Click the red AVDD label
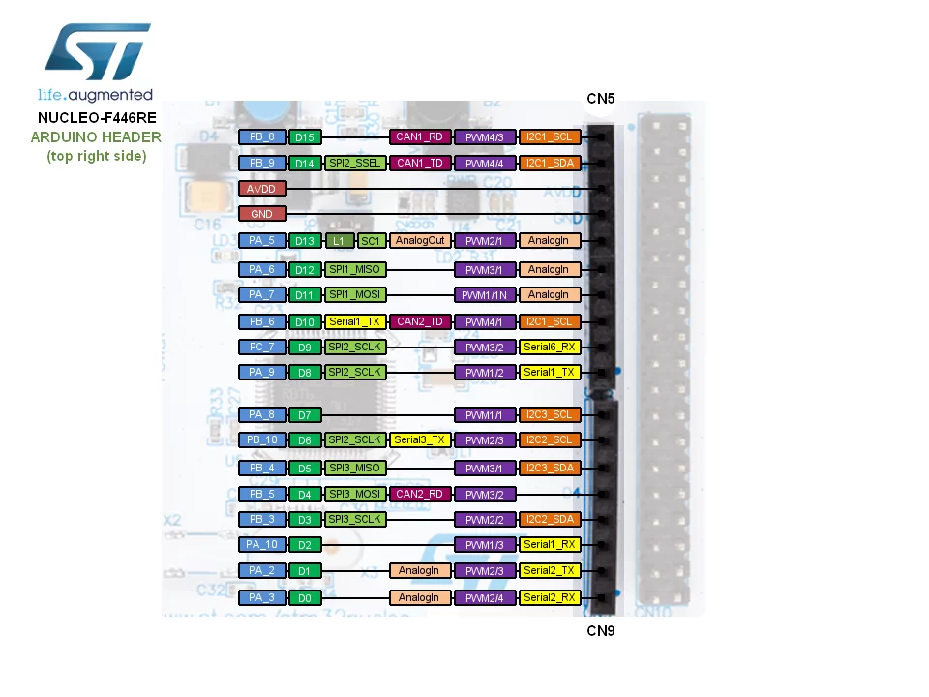(262, 189)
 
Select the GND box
(262, 214)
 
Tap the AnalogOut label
(420, 241)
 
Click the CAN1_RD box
(420, 136)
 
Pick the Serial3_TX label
(420, 439)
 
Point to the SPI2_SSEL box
(355, 163)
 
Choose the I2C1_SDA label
(550, 163)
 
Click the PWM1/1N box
(485, 294)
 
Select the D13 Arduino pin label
(305, 241)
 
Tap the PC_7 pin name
(262, 347)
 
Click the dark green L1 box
(339, 241)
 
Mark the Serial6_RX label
(550, 347)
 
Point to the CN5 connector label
(601, 99)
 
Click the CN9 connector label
(601, 630)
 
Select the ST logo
(98, 51)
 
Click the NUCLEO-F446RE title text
(97, 118)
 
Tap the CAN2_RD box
(420, 494)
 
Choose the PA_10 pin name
(262, 544)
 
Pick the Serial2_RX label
(550, 597)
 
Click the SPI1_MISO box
(355, 270)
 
